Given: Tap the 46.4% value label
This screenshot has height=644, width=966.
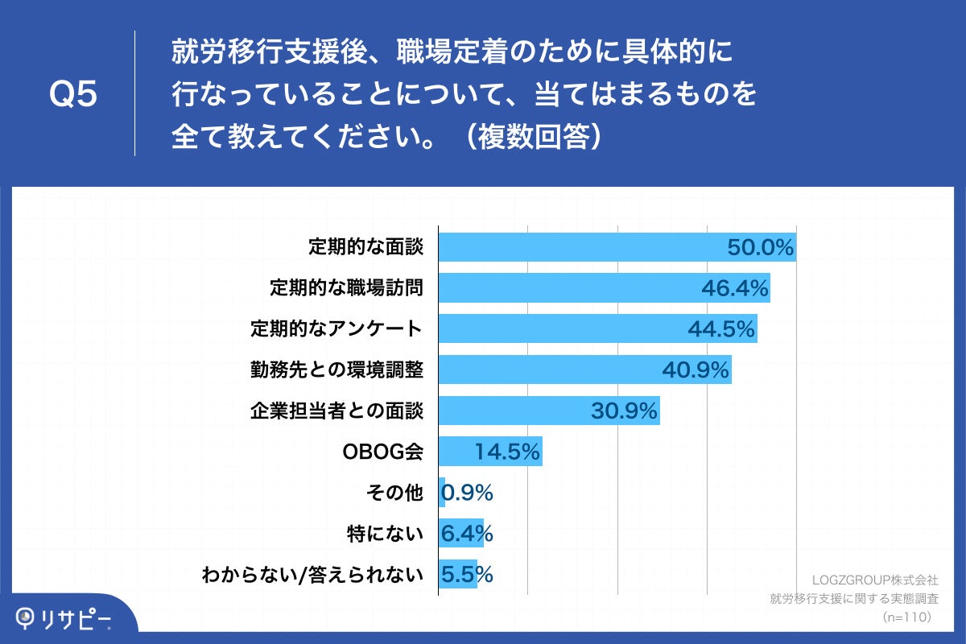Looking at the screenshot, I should (735, 287).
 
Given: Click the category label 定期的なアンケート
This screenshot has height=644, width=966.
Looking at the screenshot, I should (336, 328).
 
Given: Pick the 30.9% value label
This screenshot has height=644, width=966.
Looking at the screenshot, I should (625, 411).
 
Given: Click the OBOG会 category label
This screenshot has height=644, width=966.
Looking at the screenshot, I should (383, 452).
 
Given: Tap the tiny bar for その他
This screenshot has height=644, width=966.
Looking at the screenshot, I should (442, 493).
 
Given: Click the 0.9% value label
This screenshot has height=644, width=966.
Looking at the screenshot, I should (468, 493).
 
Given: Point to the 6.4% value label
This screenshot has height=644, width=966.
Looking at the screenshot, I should (467, 534).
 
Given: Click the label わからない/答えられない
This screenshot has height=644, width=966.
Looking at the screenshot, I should (313, 575).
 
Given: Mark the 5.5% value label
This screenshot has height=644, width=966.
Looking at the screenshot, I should (467, 575).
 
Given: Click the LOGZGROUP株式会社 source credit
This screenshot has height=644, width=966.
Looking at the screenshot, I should (875, 579).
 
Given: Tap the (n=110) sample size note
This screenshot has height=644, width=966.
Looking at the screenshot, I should (906, 617).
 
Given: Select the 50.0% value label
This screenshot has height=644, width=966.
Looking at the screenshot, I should (761, 247).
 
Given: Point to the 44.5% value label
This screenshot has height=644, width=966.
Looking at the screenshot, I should (721, 328).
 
